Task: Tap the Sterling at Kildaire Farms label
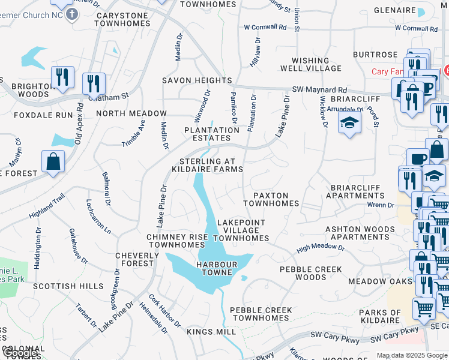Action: click(x=211, y=165)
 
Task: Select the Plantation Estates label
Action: click(x=211, y=134)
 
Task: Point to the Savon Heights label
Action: click(x=197, y=80)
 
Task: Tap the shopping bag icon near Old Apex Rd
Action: click(x=53, y=161)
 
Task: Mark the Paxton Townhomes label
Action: click(x=271, y=199)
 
